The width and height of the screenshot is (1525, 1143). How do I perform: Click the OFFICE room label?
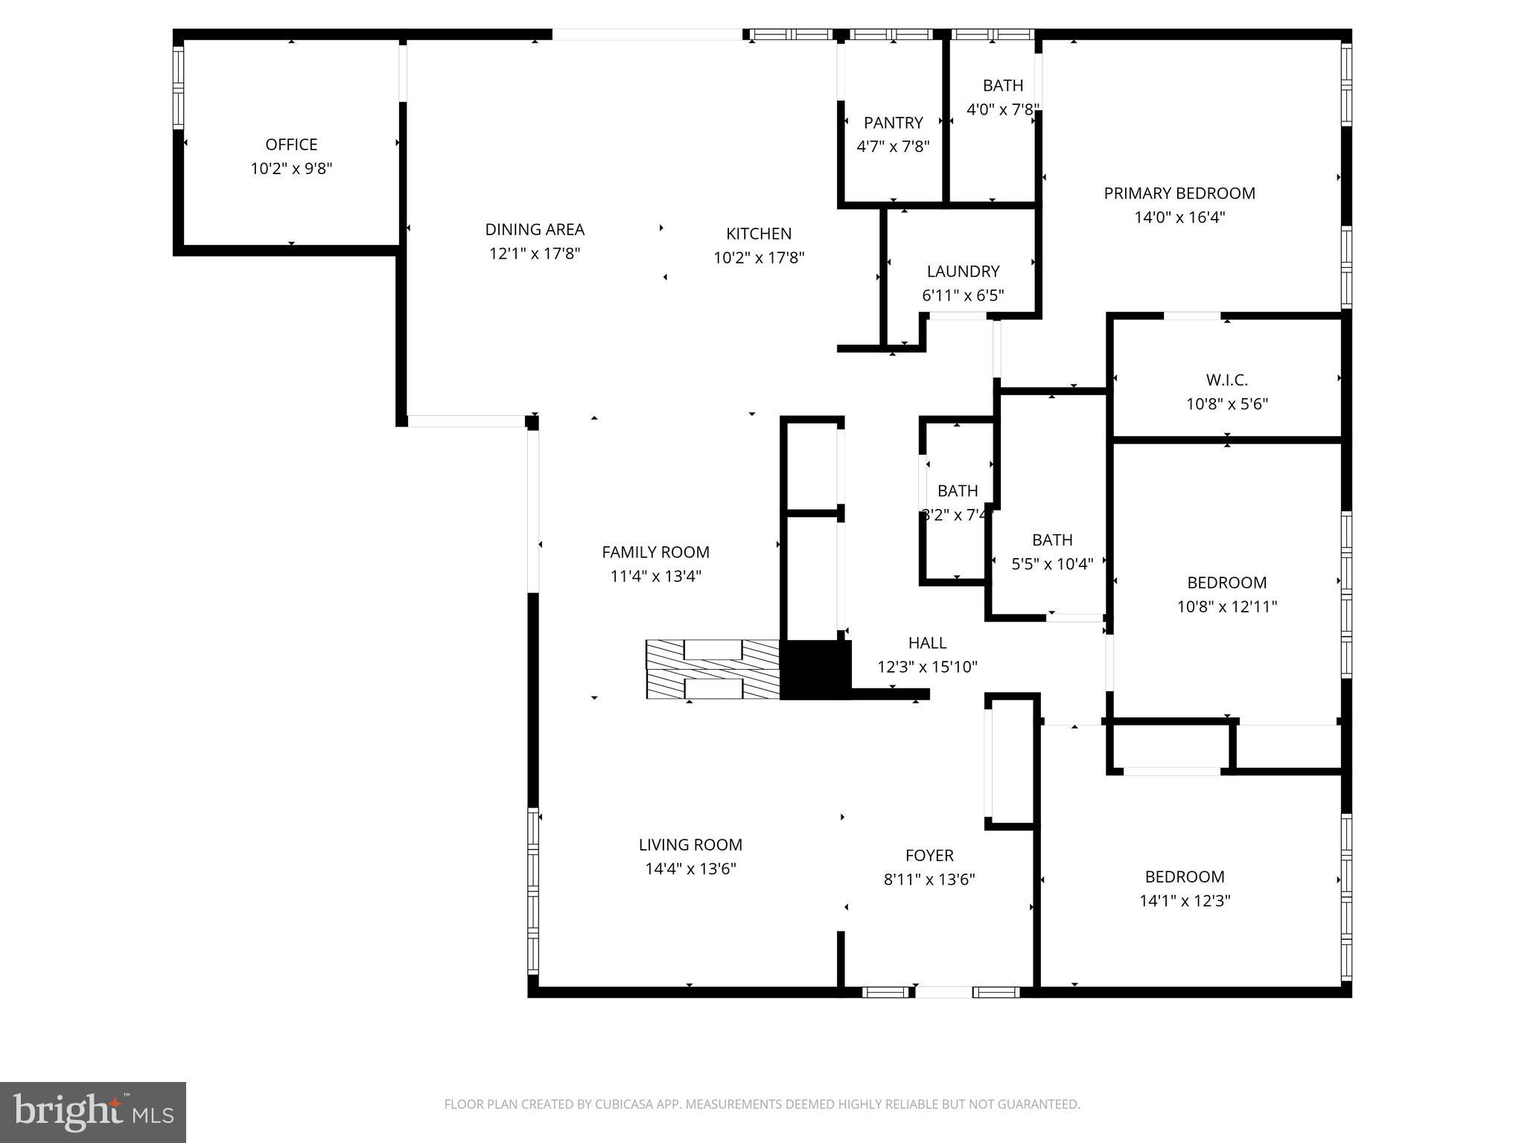click(x=291, y=144)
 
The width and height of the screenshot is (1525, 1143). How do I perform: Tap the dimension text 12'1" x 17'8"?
click(x=535, y=254)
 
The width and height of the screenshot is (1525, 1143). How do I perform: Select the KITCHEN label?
click(x=759, y=234)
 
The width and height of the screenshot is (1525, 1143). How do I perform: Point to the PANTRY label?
click(x=893, y=123)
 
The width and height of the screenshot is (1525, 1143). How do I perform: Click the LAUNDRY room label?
click(x=963, y=272)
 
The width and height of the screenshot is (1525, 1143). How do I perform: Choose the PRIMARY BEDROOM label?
click(x=1179, y=193)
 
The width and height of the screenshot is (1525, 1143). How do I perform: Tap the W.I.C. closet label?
click(x=1226, y=380)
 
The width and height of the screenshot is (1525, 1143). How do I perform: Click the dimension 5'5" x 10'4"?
click(x=1052, y=564)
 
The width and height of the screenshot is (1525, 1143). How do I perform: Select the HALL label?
click(x=927, y=643)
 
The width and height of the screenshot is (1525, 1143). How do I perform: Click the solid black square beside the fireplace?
click(x=815, y=670)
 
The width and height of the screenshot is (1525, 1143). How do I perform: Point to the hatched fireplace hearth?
click(x=712, y=670)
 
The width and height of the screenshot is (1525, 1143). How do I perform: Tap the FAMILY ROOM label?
click(x=655, y=552)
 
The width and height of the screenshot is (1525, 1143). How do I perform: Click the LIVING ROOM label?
click(x=690, y=845)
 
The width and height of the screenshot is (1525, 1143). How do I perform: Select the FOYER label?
click(x=929, y=856)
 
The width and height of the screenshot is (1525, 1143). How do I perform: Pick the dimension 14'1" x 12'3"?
click(x=1185, y=901)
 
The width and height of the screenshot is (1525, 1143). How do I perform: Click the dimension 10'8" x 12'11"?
click(x=1226, y=606)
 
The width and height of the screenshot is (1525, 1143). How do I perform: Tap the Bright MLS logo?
click(x=93, y=1112)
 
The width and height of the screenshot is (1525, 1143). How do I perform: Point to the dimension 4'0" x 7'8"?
click(x=1002, y=110)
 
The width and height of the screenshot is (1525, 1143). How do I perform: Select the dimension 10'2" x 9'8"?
click(x=291, y=169)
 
